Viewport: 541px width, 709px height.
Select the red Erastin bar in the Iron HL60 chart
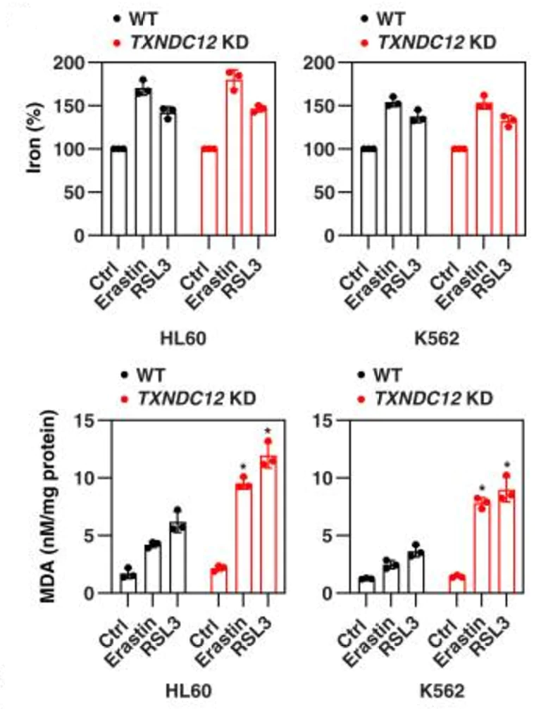[233, 158]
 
